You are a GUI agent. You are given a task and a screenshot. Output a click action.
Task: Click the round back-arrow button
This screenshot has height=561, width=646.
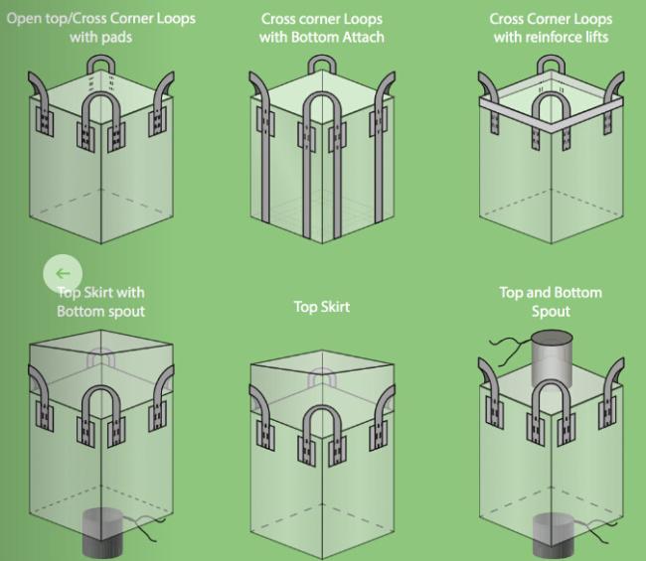click(x=63, y=274)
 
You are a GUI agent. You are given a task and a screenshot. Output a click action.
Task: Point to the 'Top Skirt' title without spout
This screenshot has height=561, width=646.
click(x=322, y=307)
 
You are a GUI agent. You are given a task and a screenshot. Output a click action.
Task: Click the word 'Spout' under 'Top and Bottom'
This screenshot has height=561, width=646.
click(x=551, y=311)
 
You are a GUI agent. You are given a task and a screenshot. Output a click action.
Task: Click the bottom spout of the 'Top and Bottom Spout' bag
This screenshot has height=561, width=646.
click(x=553, y=536)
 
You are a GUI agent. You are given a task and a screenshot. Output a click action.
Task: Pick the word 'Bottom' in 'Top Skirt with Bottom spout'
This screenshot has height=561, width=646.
click(x=79, y=311)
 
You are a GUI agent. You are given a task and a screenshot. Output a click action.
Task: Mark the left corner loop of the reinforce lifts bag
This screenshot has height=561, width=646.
click(x=490, y=95)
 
